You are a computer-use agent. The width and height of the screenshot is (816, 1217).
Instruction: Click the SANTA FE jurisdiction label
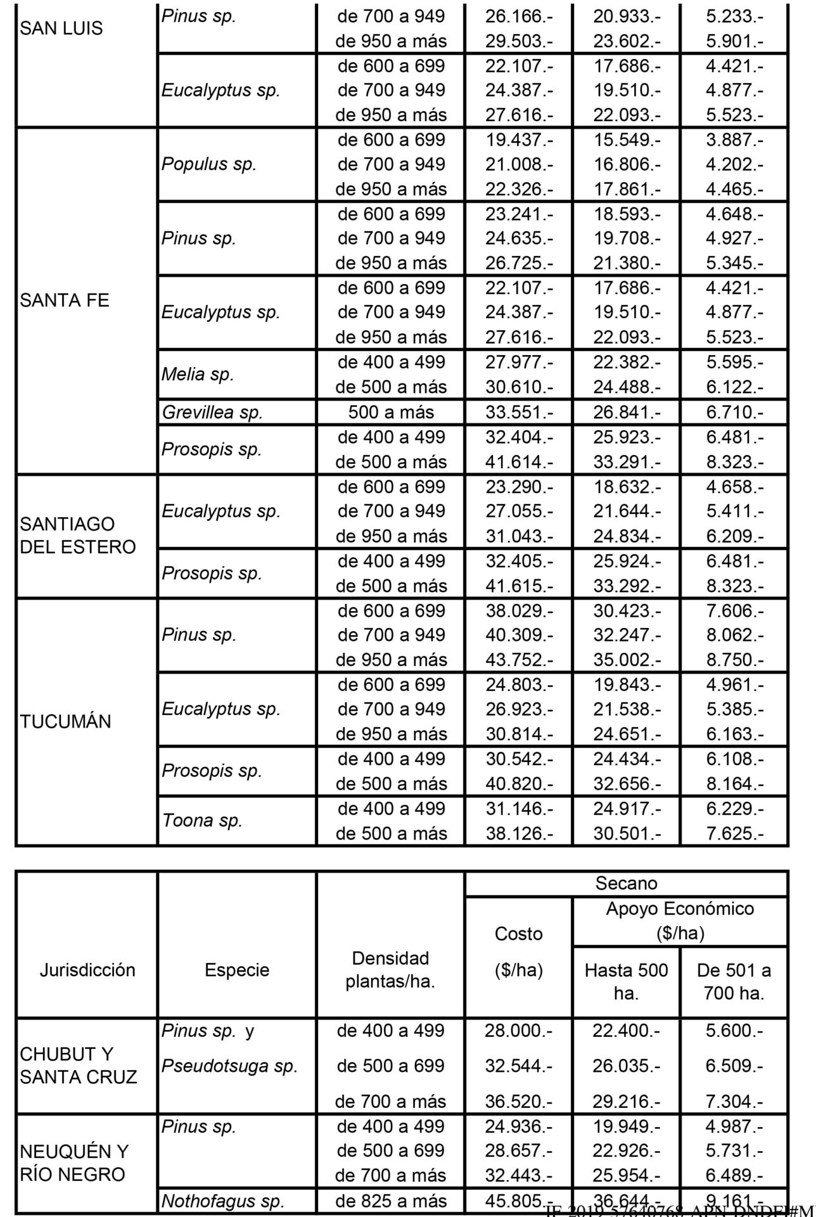coord(65,300)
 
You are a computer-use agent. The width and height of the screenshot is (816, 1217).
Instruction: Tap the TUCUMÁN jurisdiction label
coord(65,721)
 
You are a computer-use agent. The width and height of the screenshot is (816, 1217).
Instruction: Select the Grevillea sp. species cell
coord(212,413)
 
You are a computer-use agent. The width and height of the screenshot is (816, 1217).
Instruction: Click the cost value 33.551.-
coord(519,413)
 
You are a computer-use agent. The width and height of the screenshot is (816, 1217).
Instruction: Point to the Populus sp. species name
coord(208,164)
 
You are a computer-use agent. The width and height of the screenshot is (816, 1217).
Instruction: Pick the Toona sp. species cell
coord(202,821)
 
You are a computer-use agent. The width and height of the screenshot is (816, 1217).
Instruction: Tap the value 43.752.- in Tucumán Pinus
coord(519,660)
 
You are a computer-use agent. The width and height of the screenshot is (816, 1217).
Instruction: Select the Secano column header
coord(626,884)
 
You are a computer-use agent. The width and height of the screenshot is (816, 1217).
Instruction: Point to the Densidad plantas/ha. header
coord(390,970)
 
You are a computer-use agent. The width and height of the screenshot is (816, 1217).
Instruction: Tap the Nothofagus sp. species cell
coord(222,1201)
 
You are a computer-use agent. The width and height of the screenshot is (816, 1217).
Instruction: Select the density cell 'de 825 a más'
coord(391,1201)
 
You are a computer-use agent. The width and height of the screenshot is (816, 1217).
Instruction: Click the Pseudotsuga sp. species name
coord(229,1066)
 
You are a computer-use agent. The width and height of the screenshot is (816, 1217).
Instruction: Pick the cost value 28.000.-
coord(518,1031)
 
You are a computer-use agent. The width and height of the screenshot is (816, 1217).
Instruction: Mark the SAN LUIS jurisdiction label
coord(61,29)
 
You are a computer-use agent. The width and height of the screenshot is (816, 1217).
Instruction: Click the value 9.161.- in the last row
coord(734,1201)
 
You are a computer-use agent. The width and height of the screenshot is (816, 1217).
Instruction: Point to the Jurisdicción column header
coord(87,970)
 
